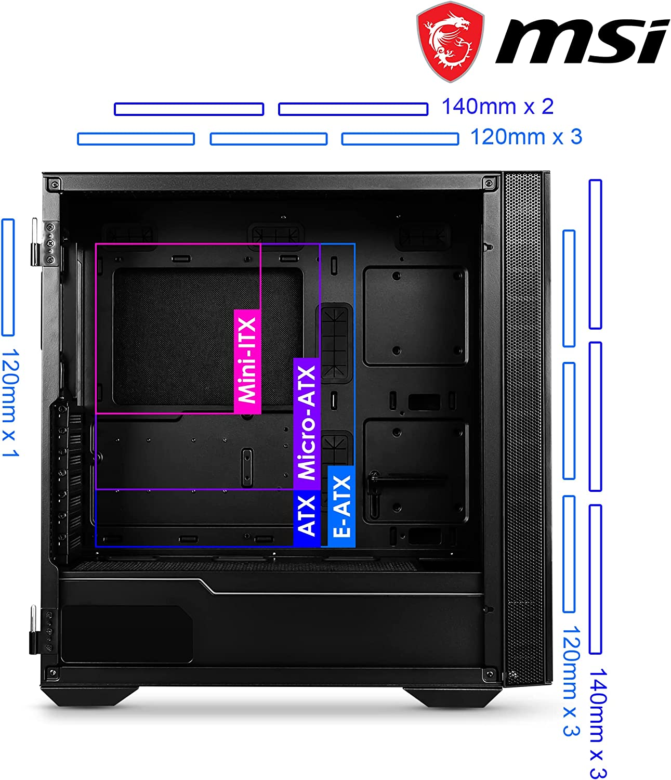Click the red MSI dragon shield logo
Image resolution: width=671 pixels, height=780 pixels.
click(450, 42)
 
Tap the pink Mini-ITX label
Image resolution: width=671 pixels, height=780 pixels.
click(247, 361)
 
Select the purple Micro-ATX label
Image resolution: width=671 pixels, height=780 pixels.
click(307, 423)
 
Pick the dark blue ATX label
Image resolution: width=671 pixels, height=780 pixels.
click(307, 518)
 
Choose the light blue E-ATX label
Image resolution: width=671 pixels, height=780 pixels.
click(341, 506)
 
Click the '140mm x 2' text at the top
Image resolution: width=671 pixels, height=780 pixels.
click(497, 107)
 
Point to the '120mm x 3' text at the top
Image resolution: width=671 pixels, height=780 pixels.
click(526, 137)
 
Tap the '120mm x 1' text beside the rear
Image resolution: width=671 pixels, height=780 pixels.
click(10, 402)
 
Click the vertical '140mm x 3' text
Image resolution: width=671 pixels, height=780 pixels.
click(598, 723)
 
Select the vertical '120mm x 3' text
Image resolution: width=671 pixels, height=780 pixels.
click(571, 681)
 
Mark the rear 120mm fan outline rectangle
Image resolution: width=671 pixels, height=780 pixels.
click(8, 277)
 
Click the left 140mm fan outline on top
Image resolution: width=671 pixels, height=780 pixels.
click(189, 109)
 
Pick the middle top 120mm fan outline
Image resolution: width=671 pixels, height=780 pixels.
click(268, 139)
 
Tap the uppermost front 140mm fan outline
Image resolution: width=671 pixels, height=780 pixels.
click(595, 254)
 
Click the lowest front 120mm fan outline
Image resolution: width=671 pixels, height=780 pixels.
click(569, 554)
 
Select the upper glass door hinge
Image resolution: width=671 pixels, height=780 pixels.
click(45, 243)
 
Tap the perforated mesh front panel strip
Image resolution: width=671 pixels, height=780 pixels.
click(523, 429)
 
